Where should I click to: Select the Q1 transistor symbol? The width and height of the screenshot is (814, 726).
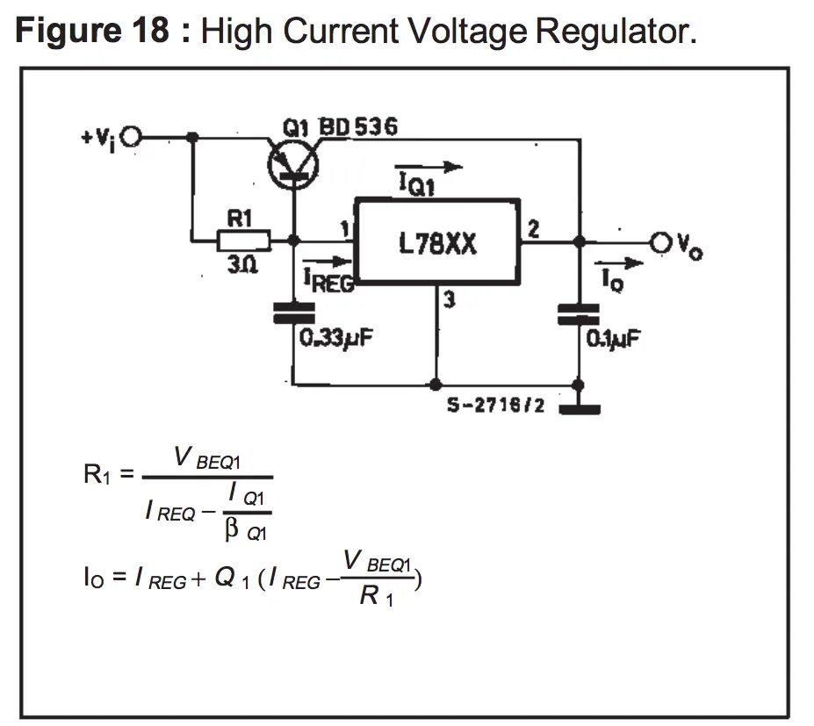click(x=293, y=165)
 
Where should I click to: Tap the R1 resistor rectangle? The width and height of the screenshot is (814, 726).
click(x=243, y=241)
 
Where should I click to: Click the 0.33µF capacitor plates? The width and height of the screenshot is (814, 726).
click(x=294, y=313)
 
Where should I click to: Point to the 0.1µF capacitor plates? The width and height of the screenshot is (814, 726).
click(x=579, y=314)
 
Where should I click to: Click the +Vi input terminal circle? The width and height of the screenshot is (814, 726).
click(x=130, y=137)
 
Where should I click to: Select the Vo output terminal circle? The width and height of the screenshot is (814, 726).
click(x=661, y=241)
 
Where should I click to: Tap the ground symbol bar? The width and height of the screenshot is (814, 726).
click(x=580, y=409)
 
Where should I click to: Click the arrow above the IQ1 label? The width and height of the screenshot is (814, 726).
click(x=429, y=167)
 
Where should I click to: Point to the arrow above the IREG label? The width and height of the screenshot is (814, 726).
click(x=328, y=261)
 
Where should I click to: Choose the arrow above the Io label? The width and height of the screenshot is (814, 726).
click(x=619, y=263)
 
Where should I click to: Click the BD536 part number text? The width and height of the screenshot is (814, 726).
click(x=358, y=127)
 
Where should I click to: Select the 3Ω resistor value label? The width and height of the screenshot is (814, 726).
click(x=242, y=265)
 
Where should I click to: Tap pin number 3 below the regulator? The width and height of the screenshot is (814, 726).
click(x=450, y=299)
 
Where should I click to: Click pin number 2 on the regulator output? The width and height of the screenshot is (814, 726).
click(x=533, y=229)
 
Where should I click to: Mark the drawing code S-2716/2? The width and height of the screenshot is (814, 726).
click(x=496, y=405)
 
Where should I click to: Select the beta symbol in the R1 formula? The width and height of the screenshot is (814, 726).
click(x=232, y=529)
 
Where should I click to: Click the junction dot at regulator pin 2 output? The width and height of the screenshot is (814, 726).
click(x=580, y=241)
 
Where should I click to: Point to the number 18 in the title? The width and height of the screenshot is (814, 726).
click(x=151, y=30)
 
